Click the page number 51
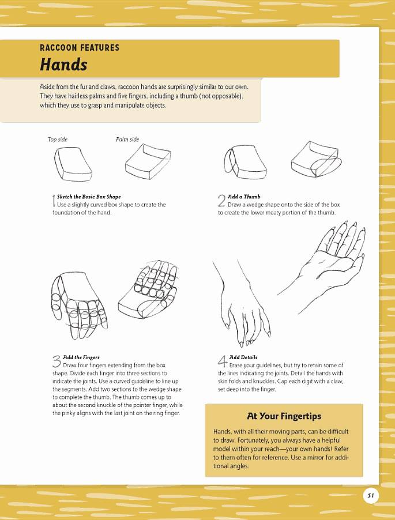coord(370,495)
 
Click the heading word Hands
coord(63,65)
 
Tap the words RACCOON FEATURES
coord(79,48)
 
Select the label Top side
coord(58,140)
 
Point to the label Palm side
coord(127,140)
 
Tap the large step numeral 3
coord(57,361)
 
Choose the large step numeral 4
coord(223,361)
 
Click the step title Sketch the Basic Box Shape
coord(89,197)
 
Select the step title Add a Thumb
coord(244,197)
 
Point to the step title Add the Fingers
coord(81,357)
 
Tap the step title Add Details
coord(243,357)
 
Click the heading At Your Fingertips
coord(284,416)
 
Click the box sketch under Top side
coord(73,164)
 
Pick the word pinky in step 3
coord(69,413)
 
